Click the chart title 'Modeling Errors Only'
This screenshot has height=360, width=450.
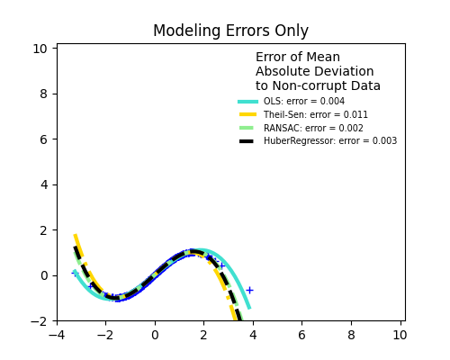(x=230, y=31)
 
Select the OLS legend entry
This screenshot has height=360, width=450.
(x=303, y=102)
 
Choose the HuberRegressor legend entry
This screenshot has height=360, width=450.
(x=329, y=141)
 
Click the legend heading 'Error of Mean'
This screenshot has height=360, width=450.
(x=298, y=58)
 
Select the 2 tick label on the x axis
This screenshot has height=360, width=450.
(x=203, y=336)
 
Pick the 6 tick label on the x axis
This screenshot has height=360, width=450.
(x=301, y=336)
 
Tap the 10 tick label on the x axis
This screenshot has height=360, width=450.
(x=400, y=336)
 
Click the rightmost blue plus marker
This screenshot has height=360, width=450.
(x=249, y=290)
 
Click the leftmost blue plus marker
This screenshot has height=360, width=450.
(x=76, y=273)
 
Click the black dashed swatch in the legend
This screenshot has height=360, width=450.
(x=248, y=141)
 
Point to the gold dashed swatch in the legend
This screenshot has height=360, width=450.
(x=248, y=115)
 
